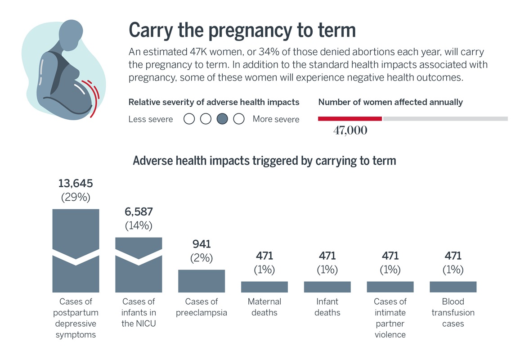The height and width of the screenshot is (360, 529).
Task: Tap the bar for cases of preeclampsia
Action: pyautogui.click(x=202, y=281)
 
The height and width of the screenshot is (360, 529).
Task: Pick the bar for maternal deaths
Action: pyautogui.click(x=264, y=287)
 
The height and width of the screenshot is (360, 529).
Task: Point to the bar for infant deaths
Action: pyautogui.click(x=327, y=287)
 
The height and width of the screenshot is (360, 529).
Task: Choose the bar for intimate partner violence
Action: pyautogui.click(x=390, y=287)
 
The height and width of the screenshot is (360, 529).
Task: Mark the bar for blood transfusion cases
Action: pyautogui.click(x=453, y=287)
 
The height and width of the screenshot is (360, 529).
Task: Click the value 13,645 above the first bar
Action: pyautogui.click(x=76, y=184)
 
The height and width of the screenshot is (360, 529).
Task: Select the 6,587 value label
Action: pyautogui.click(x=139, y=212)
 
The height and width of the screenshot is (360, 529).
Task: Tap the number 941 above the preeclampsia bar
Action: pyautogui.click(x=202, y=244)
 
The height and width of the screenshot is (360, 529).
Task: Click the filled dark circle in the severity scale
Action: pyautogui.click(x=222, y=119)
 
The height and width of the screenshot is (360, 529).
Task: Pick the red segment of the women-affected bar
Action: pyautogui.click(x=350, y=119)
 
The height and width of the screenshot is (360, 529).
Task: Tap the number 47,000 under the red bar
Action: pyautogui.click(x=350, y=131)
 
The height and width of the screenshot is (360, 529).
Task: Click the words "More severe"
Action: pyautogui.click(x=276, y=119)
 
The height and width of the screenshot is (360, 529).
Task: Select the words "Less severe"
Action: pyautogui.click(x=151, y=119)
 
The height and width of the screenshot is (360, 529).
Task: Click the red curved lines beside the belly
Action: pyautogui.click(x=93, y=97)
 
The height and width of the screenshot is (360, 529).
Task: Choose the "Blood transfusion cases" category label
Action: pyautogui.click(x=453, y=312)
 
